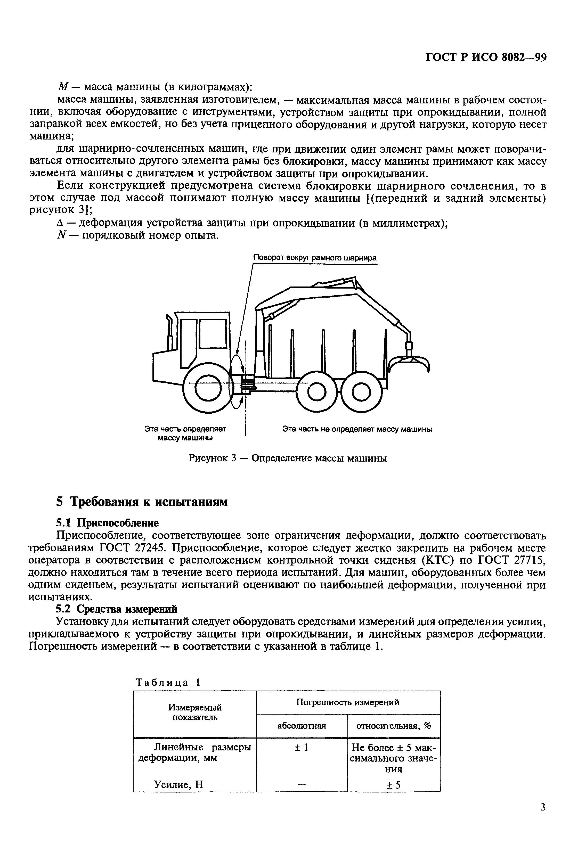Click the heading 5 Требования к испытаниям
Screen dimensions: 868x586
142,502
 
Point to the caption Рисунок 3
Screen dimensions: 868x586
287,458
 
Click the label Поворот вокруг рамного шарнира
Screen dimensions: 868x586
315,258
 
